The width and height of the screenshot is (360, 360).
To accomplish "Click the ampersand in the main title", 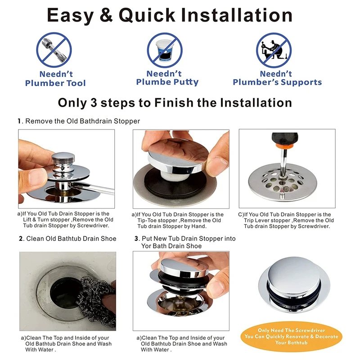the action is [106, 15].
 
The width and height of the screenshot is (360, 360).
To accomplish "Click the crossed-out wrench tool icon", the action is [54, 50].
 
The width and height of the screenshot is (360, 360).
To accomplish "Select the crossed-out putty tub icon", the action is [165, 50].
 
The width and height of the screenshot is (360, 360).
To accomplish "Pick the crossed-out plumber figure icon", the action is [274, 50].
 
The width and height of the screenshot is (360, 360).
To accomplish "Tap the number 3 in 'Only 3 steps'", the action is [94, 103].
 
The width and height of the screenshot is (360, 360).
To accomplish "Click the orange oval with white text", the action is [291, 337].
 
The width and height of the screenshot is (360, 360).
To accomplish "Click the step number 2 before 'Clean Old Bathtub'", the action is [21, 239].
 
